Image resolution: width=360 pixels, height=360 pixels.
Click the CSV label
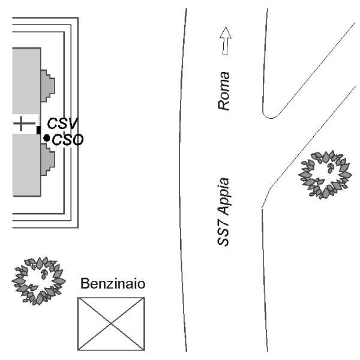[x=62, y=124]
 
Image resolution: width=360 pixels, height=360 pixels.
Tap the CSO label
[x=68, y=140]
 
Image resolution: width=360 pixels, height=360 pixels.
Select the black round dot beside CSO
[x=47, y=138]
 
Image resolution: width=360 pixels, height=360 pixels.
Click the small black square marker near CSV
[x=38, y=130]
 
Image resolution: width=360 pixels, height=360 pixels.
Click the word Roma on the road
[x=224, y=91]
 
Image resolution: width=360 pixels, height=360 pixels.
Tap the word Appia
[x=224, y=197]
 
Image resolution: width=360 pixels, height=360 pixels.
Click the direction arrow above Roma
[x=226, y=41]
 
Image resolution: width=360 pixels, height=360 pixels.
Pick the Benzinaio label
[x=113, y=284]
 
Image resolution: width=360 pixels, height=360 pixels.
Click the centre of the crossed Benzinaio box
[x=111, y=324]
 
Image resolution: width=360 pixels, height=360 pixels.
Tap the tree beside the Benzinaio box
[x=38, y=281]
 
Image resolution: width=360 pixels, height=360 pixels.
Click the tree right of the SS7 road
[x=325, y=175]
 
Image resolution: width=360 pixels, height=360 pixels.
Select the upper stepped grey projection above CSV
[x=48, y=86]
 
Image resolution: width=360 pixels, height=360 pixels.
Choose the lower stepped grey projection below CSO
[x=48, y=160]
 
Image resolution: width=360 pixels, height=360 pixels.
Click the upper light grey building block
[x=26, y=81]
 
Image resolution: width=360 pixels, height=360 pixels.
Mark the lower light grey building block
[x=26, y=165]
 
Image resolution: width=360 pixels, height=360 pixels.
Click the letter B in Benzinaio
[x=85, y=284]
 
